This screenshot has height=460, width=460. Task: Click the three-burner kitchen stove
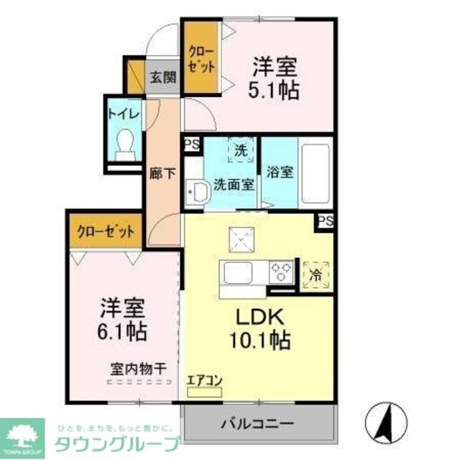point(280,272)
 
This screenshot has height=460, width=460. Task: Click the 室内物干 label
point(138,369)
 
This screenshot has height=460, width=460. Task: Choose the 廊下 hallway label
point(162,173)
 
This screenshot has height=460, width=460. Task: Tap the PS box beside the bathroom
point(326,221)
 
